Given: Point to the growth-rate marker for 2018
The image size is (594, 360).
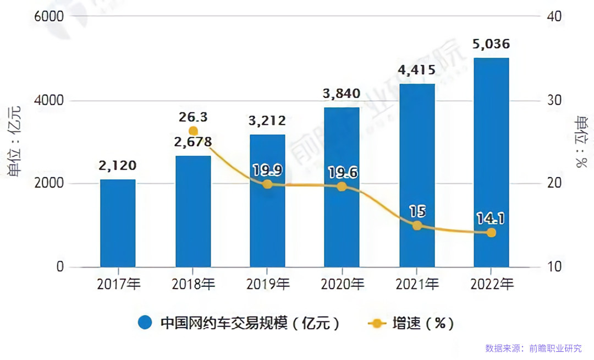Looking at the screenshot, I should tap(193, 131).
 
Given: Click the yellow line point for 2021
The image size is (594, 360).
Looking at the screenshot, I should tap(417, 226).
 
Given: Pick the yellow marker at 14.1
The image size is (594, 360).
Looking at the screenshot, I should tap(491, 233).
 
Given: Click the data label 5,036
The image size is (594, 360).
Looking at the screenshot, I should tap(491, 44).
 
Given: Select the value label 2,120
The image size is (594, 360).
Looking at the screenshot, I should tap(118, 165).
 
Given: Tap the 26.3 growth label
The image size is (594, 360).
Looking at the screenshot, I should tap(193, 118).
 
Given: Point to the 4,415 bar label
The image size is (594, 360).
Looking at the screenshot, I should tap(417, 70).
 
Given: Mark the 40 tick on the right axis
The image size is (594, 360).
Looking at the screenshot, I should tap(554, 17).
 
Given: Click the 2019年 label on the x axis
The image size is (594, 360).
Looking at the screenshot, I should tap(268, 285).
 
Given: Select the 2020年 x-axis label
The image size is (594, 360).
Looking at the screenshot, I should tap(342, 285).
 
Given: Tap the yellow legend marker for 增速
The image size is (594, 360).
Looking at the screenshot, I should tap(377, 323).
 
